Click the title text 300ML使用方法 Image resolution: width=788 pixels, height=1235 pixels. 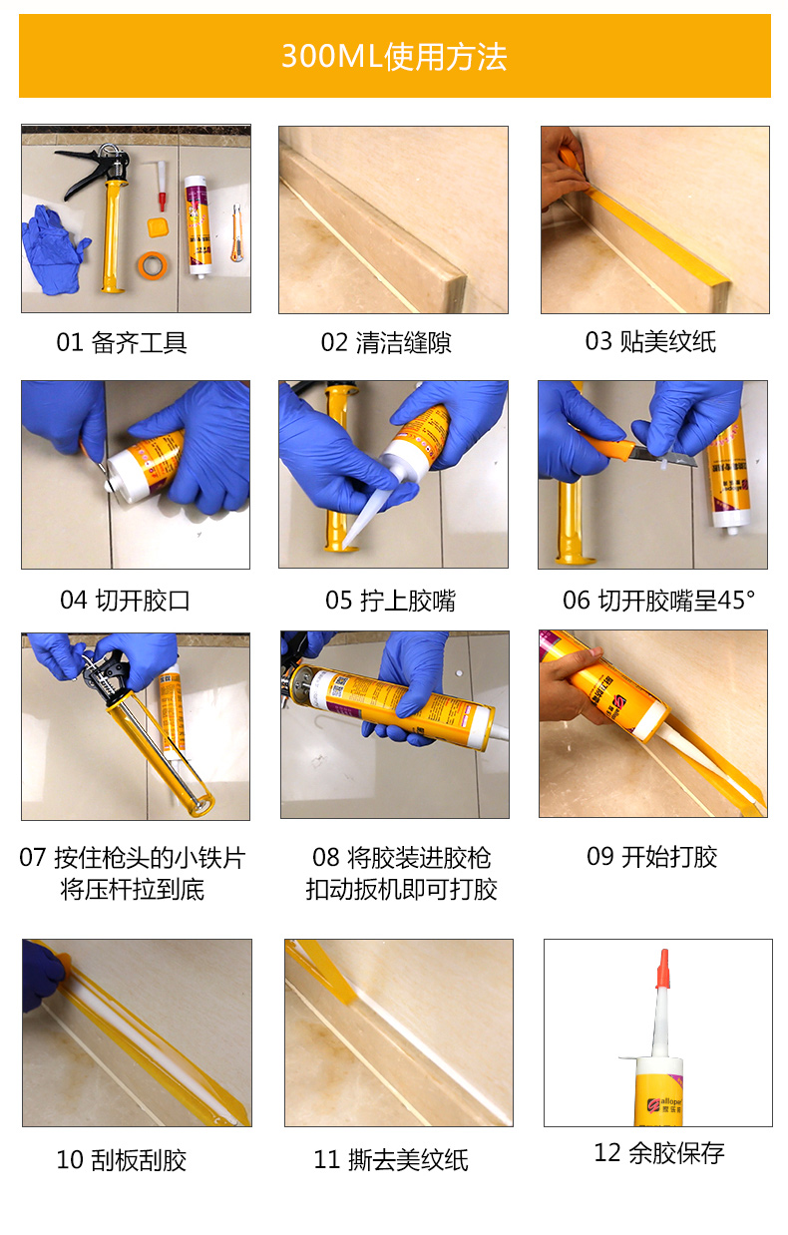coord(394,56)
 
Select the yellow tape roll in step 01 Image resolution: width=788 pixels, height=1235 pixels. coord(153,265)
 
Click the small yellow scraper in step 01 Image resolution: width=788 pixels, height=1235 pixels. coord(158,227)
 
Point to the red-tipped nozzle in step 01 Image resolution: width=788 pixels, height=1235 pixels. coord(161,186)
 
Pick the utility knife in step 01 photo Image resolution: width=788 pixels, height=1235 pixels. coord(237,232)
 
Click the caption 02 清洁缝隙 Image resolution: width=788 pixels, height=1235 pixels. coord(386,342)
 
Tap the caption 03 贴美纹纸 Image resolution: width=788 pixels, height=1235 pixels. coord(650,341)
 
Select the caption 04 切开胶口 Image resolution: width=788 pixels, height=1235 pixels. coord(125,600)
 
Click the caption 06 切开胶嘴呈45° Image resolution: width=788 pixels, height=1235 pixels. coord(659,600)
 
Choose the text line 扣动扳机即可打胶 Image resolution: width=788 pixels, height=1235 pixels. coord(401,889)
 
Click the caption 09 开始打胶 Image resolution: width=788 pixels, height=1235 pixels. coord(651,856)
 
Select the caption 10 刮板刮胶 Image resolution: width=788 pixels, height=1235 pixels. coord(122,1160)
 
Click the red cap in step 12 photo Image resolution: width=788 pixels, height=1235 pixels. coord(664,969)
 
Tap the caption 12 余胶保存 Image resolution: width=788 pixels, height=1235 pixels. coord(659,1153)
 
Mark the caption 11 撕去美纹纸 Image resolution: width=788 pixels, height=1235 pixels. coord(391,1160)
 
